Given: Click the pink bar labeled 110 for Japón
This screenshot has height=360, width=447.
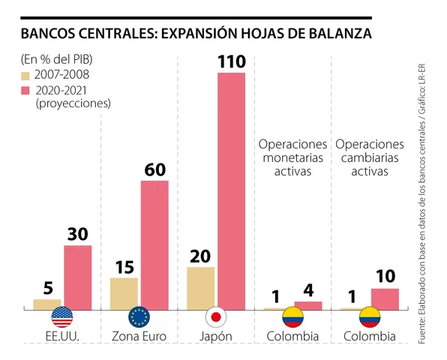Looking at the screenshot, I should (x=231, y=190).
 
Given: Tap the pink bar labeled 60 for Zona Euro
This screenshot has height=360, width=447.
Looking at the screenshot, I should (x=154, y=244).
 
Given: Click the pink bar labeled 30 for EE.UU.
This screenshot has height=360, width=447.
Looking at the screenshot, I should (x=77, y=276).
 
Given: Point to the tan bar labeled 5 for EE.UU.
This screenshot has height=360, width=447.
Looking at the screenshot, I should (x=46, y=303).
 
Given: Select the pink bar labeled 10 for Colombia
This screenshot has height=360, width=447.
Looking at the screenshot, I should (x=385, y=298).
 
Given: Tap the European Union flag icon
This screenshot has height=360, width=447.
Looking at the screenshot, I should (x=139, y=316).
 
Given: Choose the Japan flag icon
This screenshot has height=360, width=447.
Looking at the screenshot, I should (x=216, y=316).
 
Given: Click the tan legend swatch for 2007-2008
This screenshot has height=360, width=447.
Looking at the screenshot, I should (x=25, y=76).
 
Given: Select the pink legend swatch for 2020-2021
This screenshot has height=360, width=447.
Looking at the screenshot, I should (x=25, y=91).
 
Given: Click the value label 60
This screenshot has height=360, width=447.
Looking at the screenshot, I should (x=154, y=169).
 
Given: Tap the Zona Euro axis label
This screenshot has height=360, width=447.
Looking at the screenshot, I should (x=139, y=336).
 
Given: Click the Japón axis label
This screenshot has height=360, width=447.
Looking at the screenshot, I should (x=216, y=336).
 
